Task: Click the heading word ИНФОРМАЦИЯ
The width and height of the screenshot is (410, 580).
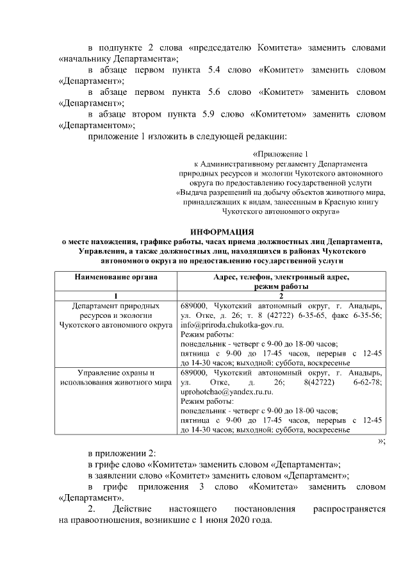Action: tap(222, 231)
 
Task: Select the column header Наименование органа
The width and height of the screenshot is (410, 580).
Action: tap(115, 277)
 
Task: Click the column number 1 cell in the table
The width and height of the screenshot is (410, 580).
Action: tap(115, 296)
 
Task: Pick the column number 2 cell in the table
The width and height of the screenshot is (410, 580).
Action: tap(281, 296)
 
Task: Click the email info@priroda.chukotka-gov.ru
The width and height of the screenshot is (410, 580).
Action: tap(227, 325)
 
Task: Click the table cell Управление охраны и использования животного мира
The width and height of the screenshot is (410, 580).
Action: tap(115, 377)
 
